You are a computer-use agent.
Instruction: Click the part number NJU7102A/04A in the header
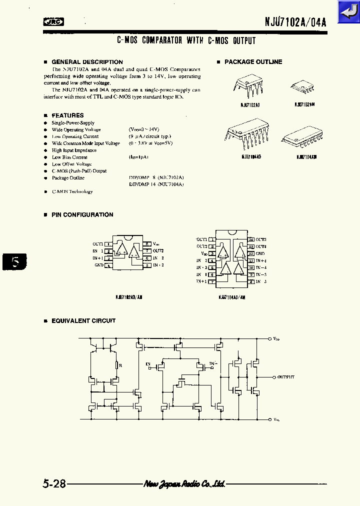tap(295, 22)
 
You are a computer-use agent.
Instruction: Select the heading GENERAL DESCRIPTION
tap(87, 62)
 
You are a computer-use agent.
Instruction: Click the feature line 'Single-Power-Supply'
tap(73, 122)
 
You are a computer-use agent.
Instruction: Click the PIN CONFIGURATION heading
tap(82, 214)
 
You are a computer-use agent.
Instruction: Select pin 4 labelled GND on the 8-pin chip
tap(108, 265)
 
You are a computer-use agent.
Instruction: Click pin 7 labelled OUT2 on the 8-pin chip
tap(147, 251)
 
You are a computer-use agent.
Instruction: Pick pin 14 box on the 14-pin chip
tap(251, 240)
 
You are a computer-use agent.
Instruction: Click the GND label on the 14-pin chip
tap(260, 254)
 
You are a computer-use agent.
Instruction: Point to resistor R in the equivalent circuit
tap(116, 365)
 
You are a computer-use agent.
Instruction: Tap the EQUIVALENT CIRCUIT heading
tap(83, 320)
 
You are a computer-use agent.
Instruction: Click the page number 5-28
tap(54, 484)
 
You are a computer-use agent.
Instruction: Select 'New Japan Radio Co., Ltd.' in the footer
tap(184, 484)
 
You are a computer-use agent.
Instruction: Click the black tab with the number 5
tap(14, 262)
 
